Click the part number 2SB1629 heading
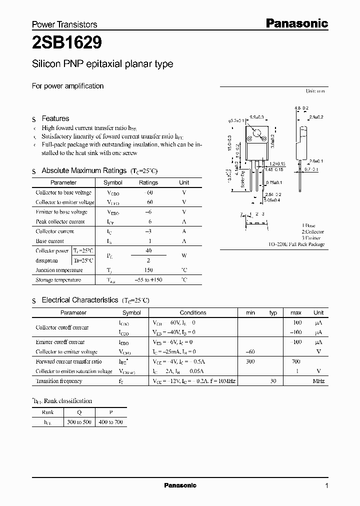[67, 43]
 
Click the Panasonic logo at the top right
[296, 23]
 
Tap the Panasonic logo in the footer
[180, 485]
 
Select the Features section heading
[55, 118]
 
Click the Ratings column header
[148, 182]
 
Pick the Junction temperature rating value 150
[148, 270]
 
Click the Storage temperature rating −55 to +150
[148, 280]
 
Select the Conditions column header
[193, 312]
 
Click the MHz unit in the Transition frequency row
[318, 381]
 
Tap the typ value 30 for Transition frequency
[273, 381]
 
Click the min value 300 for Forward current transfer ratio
[250, 361]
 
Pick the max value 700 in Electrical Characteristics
[296, 361]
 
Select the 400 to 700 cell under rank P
[111, 422]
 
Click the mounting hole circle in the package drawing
[257, 133]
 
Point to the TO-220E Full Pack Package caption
[297, 244]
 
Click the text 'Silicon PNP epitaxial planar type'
[102, 64]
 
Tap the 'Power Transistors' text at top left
[64, 24]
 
